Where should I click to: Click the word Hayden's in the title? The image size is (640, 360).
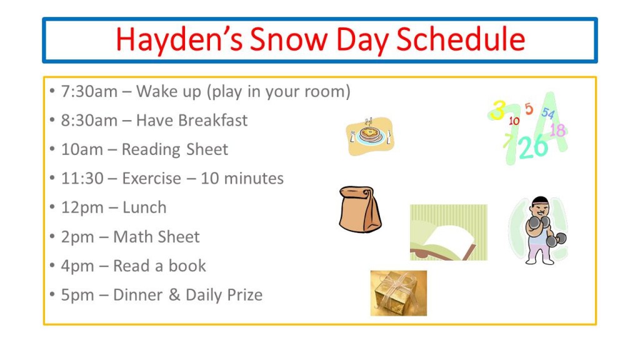(x=179, y=39)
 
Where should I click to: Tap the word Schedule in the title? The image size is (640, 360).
(x=461, y=39)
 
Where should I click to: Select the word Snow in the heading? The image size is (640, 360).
(x=289, y=39)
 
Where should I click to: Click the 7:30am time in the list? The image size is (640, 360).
(x=89, y=91)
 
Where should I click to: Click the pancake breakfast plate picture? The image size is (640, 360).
(x=370, y=136)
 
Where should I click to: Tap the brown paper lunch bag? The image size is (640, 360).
(x=360, y=209)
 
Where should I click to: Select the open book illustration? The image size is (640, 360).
(x=449, y=232)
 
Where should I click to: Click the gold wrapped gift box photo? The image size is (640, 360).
(x=398, y=293)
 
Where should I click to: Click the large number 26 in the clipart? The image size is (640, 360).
(x=533, y=146)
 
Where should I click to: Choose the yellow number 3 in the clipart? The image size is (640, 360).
(x=497, y=110)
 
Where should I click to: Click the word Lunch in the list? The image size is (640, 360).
(x=144, y=207)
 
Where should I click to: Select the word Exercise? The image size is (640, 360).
(x=151, y=178)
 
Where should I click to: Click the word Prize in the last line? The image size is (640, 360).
(x=245, y=295)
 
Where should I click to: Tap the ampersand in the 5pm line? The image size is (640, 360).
(x=174, y=295)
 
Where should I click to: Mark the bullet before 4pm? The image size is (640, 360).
(x=52, y=265)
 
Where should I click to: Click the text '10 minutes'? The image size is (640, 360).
(x=242, y=178)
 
